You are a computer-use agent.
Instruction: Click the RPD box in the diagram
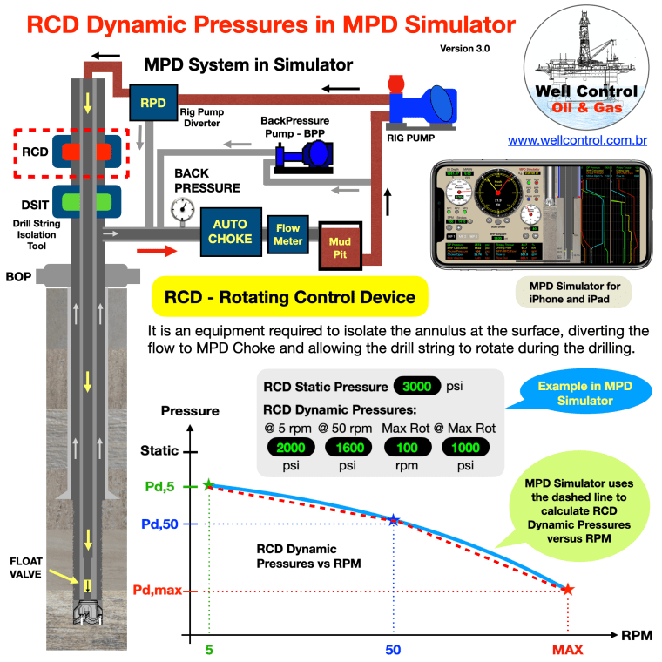coord(153,103)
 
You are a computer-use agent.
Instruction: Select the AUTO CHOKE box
coord(229,231)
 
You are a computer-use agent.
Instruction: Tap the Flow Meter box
coord(287,233)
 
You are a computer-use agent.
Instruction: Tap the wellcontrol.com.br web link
coord(583,139)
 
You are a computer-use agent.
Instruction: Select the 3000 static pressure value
coord(417,385)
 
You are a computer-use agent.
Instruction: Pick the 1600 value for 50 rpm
coord(348,447)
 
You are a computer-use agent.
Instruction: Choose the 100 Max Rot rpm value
coord(408,447)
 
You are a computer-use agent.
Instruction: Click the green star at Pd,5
coord(208,484)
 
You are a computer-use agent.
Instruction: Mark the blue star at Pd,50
coord(394,520)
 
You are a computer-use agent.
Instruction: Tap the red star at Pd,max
coord(567,590)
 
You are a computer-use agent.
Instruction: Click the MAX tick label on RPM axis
coord(567,650)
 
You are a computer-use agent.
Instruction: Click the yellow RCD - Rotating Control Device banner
coord(289,298)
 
